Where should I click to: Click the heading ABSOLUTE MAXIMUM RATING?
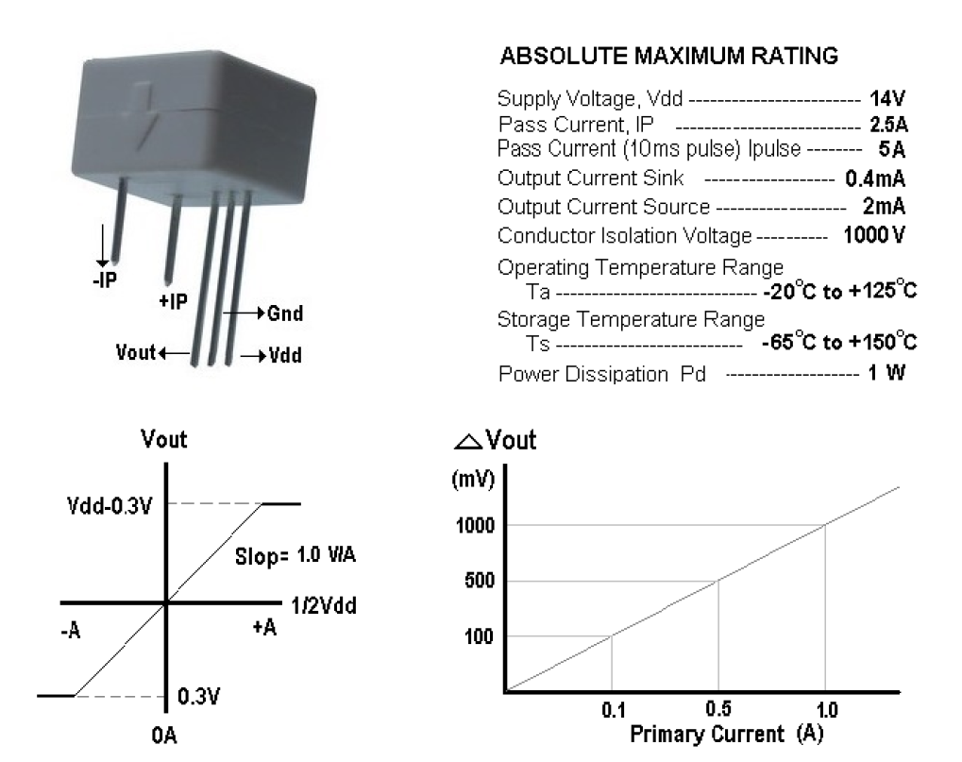pos(667,58)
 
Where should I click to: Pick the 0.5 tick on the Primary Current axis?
pos(718,709)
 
